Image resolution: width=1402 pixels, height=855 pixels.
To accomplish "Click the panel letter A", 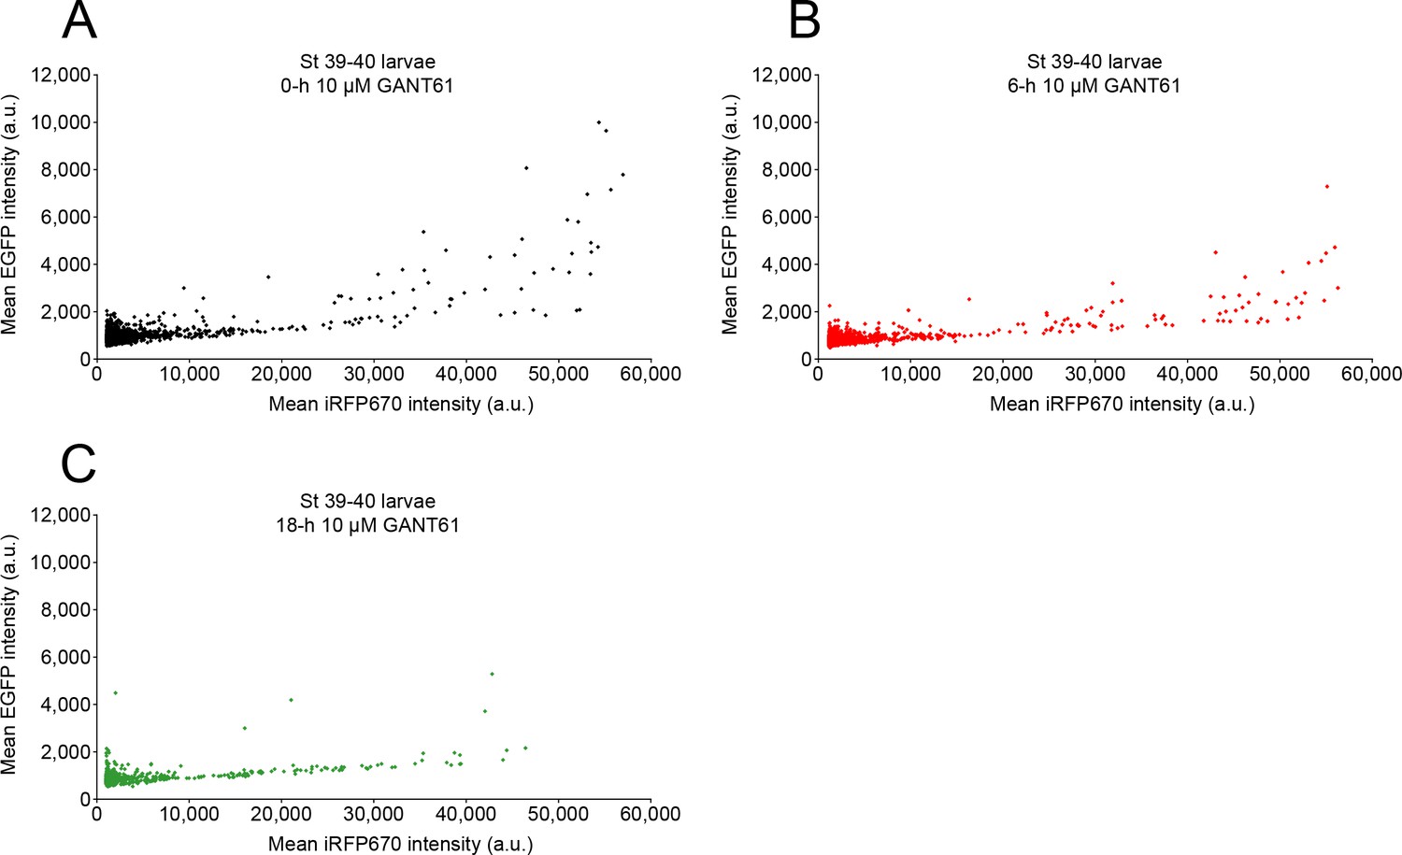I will click(79, 21).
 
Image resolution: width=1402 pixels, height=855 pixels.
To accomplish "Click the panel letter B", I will click(805, 21).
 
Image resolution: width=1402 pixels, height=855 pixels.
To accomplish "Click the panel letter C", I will click(79, 462).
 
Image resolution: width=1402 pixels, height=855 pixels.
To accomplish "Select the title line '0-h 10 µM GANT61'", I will click(367, 86).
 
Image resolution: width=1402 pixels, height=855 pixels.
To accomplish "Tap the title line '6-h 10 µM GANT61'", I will click(1094, 86).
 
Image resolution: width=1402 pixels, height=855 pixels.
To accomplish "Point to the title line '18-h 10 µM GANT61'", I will click(367, 525).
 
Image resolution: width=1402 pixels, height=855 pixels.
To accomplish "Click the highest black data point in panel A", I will click(599, 122).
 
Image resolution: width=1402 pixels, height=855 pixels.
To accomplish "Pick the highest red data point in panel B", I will click(1326, 187).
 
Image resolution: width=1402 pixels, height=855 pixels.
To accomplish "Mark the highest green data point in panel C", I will click(492, 674).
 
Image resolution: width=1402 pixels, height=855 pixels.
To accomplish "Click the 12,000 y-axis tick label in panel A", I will click(61, 75).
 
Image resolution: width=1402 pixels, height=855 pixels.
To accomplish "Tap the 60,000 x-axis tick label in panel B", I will click(1371, 375).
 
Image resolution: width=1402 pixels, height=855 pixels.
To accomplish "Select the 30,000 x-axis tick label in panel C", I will click(373, 815).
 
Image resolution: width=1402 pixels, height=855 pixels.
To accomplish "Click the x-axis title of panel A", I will click(401, 405).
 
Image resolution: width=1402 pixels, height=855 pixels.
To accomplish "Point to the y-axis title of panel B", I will click(730, 215).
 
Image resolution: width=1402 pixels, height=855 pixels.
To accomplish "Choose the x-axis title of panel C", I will click(401, 845).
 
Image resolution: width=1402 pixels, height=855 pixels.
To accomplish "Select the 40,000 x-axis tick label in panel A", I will click(465, 375).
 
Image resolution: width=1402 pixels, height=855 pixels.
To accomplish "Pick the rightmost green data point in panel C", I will click(525, 748).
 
